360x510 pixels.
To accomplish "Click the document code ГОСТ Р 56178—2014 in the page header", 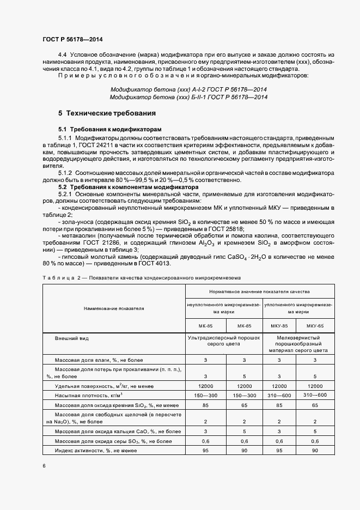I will coord(72,40).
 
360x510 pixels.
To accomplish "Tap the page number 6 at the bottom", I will coord(44,465).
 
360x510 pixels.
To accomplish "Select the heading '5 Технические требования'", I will coord(107,113).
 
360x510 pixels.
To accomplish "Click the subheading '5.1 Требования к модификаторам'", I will coord(110,129).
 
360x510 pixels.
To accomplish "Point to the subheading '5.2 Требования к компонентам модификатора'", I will coord(123,187).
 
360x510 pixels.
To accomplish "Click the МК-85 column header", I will coord(205,325).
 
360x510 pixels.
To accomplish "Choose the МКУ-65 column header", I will coord(315,325).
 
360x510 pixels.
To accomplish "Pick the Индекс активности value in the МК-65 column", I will coord(244,451).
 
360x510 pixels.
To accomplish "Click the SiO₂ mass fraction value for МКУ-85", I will coord(279,405).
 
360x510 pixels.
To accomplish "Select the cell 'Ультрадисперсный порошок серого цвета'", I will coord(224,342).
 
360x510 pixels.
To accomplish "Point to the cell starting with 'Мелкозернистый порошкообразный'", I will coord(297,345).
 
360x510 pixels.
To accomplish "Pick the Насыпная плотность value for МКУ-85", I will coord(279,394).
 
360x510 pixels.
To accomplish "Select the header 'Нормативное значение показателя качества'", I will coord(261,292).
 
